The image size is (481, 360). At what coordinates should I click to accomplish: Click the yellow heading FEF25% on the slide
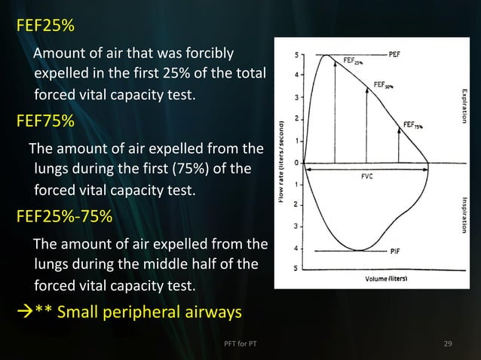pyautogui.click(x=45, y=26)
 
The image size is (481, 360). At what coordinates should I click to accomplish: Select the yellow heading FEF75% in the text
pyautogui.click(x=45, y=121)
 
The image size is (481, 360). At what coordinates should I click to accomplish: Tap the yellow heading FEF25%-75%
pyautogui.click(x=64, y=218)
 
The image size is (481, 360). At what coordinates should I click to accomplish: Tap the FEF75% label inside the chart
pyautogui.click(x=415, y=125)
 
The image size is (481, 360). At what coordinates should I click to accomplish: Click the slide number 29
pyautogui.click(x=448, y=344)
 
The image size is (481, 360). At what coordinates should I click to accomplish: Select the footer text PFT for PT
pyautogui.click(x=241, y=344)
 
